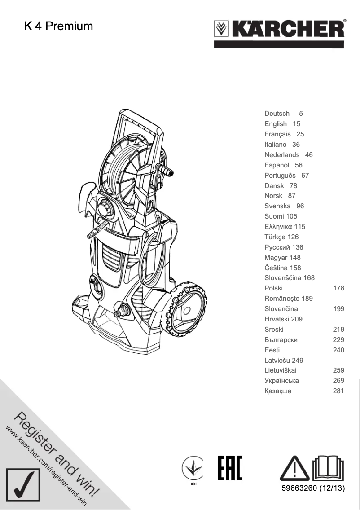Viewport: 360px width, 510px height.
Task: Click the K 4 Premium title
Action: coord(58,26)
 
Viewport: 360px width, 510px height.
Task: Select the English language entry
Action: coord(276,124)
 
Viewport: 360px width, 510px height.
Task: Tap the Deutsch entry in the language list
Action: coord(277,114)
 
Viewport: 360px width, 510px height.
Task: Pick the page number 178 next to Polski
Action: coord(338,288)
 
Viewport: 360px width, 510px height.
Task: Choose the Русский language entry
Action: coord(278,247)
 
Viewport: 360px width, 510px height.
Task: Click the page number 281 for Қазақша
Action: coord(338,391)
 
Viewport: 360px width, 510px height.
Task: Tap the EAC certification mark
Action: coord(230,469)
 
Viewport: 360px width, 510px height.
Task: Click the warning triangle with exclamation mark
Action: coord(295,469)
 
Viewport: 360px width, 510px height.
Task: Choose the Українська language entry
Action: coord(281,381)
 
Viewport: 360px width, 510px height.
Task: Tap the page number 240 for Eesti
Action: coord(338,350)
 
